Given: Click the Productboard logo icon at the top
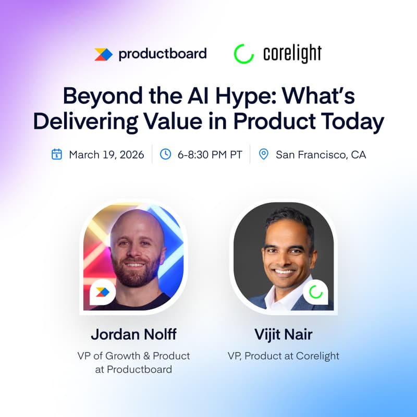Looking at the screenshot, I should point(104,54).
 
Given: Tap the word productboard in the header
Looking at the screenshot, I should point(163,53).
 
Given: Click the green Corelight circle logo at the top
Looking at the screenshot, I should point(243,54).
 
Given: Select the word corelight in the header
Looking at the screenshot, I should point(293,54).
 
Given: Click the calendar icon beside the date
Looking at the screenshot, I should point(57,154).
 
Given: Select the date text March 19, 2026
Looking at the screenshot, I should point(106,155).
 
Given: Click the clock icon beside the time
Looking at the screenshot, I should point(165,154).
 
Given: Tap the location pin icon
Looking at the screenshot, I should point(264,154).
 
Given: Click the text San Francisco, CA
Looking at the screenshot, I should point(321,155).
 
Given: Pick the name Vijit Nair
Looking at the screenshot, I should point(283,334).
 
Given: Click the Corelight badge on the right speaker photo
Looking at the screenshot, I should point(315,292).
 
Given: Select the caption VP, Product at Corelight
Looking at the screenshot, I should point(283,356).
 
